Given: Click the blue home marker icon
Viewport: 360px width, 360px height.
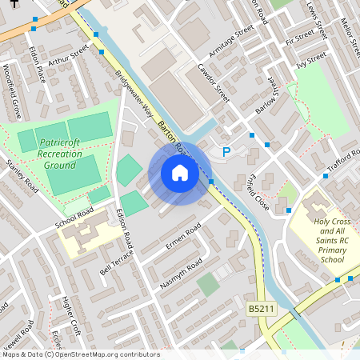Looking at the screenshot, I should tap(180, 173).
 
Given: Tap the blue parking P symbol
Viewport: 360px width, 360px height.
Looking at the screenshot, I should tap(226, 150).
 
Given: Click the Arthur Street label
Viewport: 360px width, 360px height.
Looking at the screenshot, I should tap(67, 57).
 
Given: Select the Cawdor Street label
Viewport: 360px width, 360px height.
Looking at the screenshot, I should tap(213, 84).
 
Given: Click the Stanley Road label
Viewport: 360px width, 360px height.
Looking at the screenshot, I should tap(22, 176).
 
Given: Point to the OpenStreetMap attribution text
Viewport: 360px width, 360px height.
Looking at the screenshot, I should tap(80, 354).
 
